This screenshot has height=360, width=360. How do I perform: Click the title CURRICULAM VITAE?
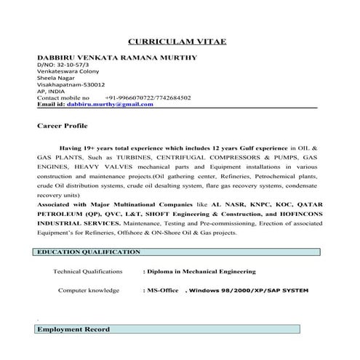pyautogui.click(x=177, y=43)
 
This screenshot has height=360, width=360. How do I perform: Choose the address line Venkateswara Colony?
pyautogui.click(x=67, y=73)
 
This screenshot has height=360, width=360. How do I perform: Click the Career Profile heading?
pyautogui.click(x=61, y=127)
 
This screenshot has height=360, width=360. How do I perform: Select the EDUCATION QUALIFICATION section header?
pyautogui.click(x=89, y=252)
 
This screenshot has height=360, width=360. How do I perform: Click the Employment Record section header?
pyautogui.click(x=74, y=329)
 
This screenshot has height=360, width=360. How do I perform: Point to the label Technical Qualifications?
pyautogui.click(x=88, y=271)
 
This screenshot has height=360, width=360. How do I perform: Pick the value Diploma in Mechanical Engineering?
pyautogui.click(x=201, y=271)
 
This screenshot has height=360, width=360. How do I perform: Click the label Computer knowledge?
pyautogui.click(x=89, y=290)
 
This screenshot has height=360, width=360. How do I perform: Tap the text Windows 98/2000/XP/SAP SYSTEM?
pyautogui.click(x=247, y=291)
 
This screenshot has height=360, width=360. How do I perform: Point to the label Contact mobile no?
pyautogui.click(x=63, y=97)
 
